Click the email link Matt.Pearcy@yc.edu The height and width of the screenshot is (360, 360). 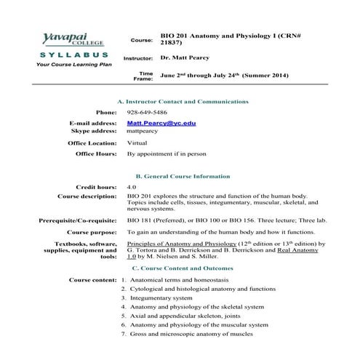(161, 124)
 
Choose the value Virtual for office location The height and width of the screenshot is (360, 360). (137, 143)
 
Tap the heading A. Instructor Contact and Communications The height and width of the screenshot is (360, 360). (183, 101)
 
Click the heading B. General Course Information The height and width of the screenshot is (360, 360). (183, 177)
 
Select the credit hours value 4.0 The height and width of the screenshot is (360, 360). (132, 188)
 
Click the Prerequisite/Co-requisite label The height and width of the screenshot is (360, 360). (78, 220)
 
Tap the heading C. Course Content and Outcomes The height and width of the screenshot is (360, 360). (183, 268)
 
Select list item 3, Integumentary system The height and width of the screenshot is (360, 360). (161, 298)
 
